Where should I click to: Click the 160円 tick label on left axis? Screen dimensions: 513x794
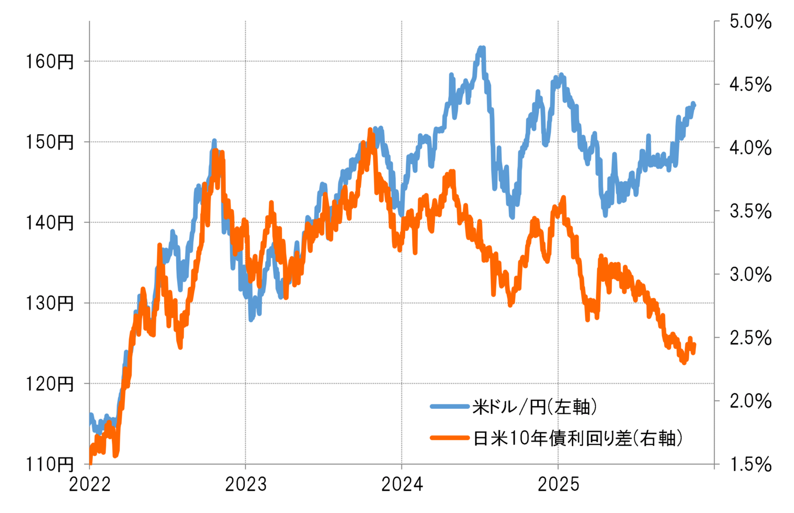(50, 62)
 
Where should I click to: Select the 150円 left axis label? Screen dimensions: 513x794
(50, 142)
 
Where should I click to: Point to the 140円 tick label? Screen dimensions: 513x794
(50, 223)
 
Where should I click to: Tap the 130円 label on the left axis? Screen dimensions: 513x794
(50, 303)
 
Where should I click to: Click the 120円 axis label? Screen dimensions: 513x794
(50, 384)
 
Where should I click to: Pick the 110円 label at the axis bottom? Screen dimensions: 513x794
(50, 464)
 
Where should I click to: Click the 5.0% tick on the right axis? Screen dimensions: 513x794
(750, 22)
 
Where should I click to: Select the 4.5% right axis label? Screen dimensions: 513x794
(750, 85)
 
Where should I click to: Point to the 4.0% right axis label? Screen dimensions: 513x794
(750, 148)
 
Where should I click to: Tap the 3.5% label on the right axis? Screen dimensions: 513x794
(750, 212)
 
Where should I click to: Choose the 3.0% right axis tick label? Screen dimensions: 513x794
(750, 275)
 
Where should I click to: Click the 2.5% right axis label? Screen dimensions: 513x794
(750, 338)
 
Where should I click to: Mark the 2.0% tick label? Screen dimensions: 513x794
(750, 401)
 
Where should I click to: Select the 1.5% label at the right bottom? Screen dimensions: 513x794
(750, 464)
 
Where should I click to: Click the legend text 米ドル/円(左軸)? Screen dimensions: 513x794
(534, 407)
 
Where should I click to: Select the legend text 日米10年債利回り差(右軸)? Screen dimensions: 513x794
(578, 438)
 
